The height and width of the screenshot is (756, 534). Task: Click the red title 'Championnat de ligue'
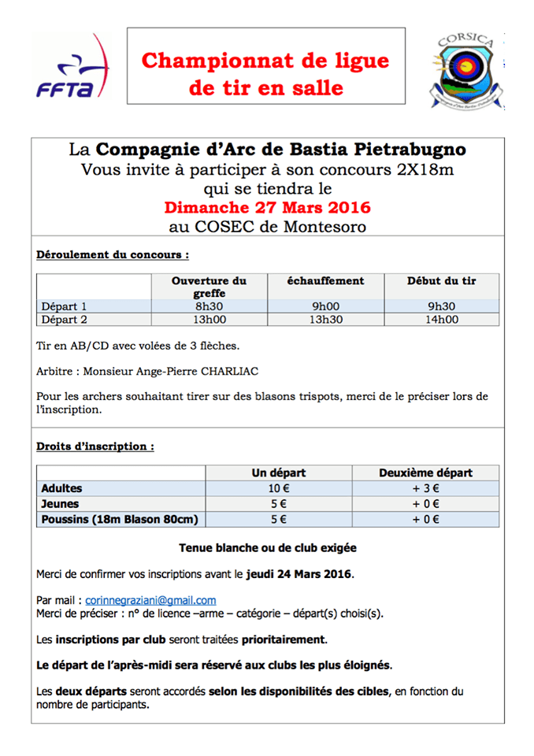[x=266, y=61]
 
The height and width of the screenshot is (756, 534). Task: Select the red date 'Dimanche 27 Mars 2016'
[x=267, y=209]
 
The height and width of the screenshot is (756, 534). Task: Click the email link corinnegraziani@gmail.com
[x=150, y=599]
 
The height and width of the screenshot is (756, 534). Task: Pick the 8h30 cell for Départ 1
[x=210, y=306]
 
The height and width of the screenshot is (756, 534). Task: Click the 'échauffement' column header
[x=325, y=280]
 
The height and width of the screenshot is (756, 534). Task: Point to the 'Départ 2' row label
[x=64, y=319]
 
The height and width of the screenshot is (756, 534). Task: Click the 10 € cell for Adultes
[x=278, y=489]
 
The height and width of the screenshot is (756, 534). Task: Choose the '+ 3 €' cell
[x=425, y=489]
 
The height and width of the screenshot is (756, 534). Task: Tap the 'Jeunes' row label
[x=60, y=504]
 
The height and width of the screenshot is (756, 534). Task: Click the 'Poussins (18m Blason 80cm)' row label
[x=120, y=519]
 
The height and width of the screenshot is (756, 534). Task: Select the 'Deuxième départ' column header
[x=425, y=472]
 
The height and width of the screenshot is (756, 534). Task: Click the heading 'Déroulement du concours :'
[x=113, y=255]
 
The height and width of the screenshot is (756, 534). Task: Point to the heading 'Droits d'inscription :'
[x=95, y=447]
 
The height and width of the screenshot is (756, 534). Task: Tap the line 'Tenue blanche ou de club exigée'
[x=266, y=547]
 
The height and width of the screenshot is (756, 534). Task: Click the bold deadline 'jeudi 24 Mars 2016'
[x=299, y=573]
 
